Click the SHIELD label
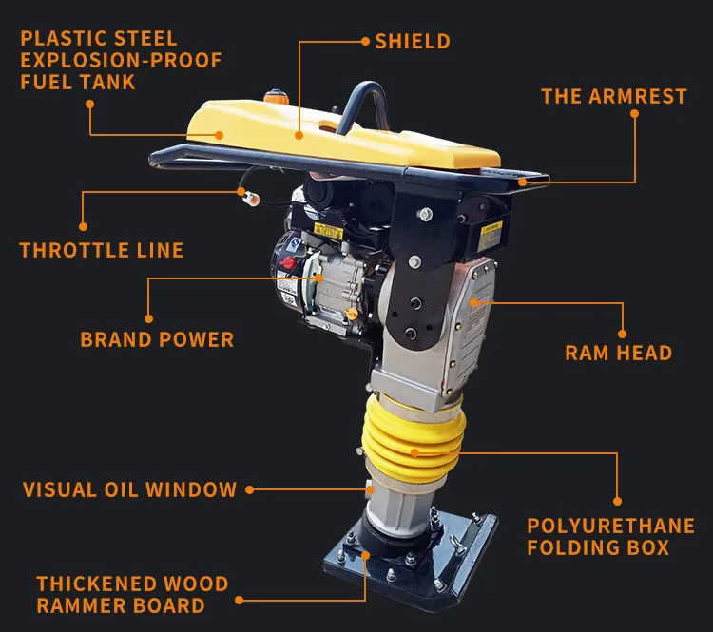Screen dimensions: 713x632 point(413,42)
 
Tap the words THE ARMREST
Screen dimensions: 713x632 point(614,96)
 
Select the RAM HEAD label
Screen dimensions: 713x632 point(619,353)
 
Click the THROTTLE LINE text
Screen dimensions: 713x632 point(102,250)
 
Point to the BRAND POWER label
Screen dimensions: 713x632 point(157,339)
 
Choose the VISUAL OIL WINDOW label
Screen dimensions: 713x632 point(129,489)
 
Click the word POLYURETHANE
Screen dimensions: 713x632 point(610,526)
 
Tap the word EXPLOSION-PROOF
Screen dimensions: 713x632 point(121,61)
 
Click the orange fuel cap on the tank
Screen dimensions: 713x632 point(276,96)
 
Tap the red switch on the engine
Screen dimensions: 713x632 point(287,262)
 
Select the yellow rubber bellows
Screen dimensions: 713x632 point(413,439)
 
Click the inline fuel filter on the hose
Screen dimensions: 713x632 point(252,198)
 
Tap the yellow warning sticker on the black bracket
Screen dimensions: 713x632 point(490,236)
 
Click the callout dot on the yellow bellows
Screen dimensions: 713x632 point(414,452)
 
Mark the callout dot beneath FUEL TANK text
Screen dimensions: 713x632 point(90,105)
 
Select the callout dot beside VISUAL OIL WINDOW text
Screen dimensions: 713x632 point(249,489)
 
